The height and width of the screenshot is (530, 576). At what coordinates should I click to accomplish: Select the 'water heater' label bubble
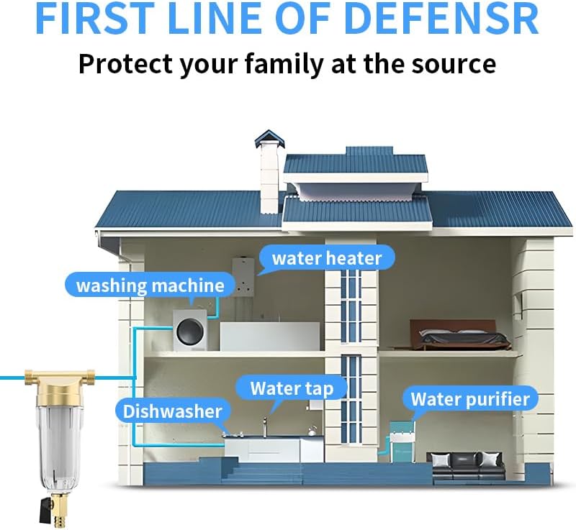(x=326, y=257)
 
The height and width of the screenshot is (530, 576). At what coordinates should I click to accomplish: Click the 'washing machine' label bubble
(x=150, y=285)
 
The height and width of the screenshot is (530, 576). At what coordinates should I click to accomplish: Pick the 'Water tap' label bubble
(x=292, y=389)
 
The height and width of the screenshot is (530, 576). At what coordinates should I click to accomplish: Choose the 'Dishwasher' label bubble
(x=172, y=412)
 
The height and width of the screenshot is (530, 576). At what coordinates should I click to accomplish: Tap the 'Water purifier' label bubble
(x=469, y=398)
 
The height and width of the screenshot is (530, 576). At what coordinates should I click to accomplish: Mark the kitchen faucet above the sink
(x=264, y=428)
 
